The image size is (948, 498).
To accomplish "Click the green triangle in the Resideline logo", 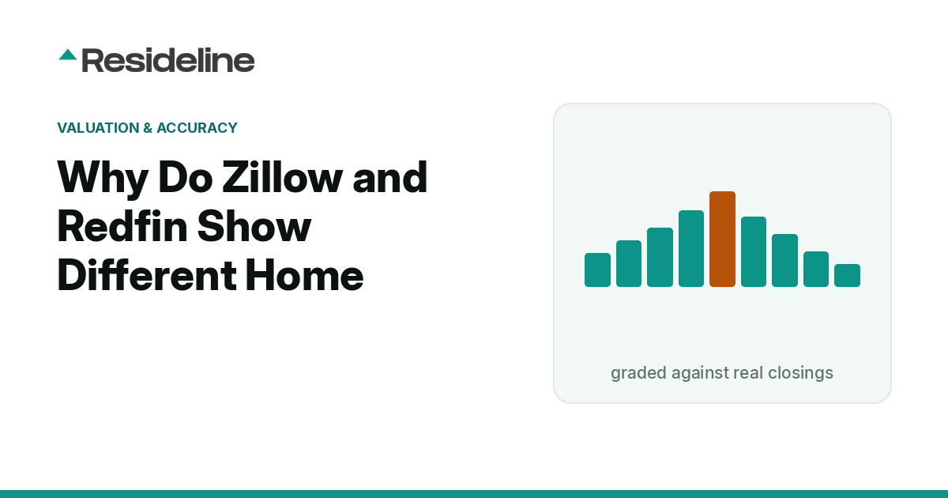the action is click(68, 55).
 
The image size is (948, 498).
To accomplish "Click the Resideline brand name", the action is click(168, 60).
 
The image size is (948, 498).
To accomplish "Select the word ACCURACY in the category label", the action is click(197, 127).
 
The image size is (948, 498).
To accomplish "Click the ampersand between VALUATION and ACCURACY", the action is click(148, 127).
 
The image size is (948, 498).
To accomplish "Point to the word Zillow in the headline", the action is click(282, 177).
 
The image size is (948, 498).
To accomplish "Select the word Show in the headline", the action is click(254, 227).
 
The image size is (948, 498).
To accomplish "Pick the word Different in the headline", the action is click(146, 275).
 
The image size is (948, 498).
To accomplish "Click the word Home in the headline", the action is click(304, 275).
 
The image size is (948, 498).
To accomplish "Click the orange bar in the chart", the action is click(722, 239).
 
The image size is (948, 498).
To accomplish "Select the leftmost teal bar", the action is click(597, 270).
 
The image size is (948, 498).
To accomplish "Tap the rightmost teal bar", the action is click(847, 275).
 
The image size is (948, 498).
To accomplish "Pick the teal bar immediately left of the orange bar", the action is click(691, 248).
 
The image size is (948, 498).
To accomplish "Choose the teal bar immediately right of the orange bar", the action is click(754, 251).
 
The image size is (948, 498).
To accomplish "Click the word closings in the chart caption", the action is click(800, 373).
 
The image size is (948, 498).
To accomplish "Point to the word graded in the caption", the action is click(638, 373).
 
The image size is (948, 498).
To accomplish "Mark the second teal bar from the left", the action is click(629, 263).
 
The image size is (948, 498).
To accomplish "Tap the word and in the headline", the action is click(389, 177).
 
